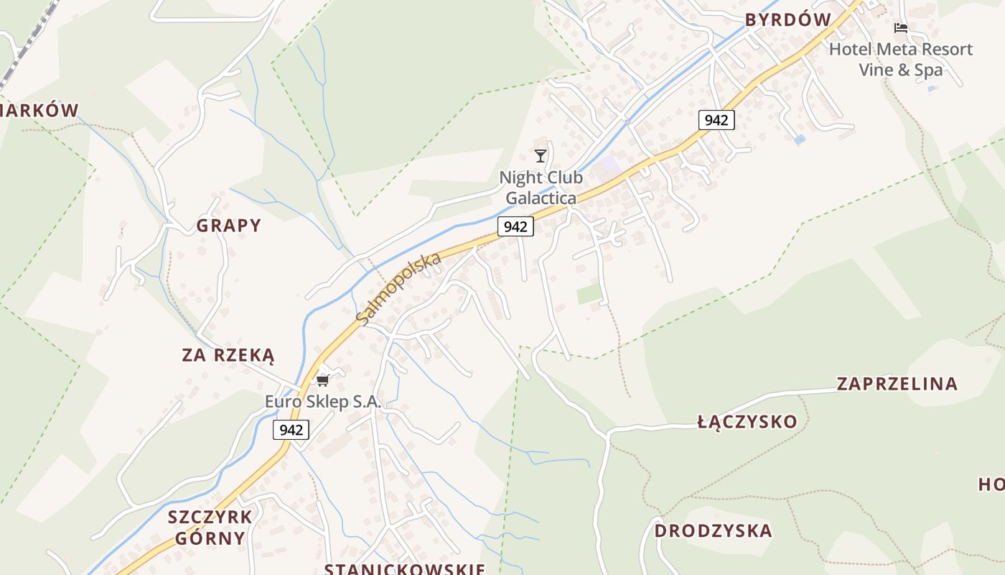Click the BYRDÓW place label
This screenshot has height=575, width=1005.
[x=787, y=20]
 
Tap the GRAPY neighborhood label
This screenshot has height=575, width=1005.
[x=229, y=226]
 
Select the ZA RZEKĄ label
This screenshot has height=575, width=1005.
[x=228, y=355]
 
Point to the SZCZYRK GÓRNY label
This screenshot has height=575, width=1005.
[x=210, y=527]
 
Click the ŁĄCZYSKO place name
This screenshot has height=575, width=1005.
[x=747, y=422]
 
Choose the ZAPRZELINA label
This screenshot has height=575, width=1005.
[x=897, y=384]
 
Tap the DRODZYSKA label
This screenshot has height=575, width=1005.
[x=713, y=531]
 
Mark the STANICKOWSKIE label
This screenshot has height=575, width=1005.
[x=405, y=569]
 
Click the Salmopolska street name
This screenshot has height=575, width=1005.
[x=398, y=288]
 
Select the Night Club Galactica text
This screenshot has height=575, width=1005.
[x=541, y=187]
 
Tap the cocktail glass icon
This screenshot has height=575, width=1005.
[x=541, y=155]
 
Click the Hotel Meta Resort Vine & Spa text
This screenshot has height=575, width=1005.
[x=900, y=59]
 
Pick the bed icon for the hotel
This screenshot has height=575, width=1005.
[x=900, y=28]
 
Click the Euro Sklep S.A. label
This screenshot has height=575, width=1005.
[x=322, y=402]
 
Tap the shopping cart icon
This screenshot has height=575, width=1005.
[x=323, y=379]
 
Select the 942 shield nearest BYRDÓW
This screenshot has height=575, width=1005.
[x=716, y=120]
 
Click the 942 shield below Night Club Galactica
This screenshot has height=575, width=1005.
[x=515, y=226]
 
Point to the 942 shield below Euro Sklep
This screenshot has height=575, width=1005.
[x=291, y=430]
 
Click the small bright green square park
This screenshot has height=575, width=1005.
[x=589, y=293]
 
